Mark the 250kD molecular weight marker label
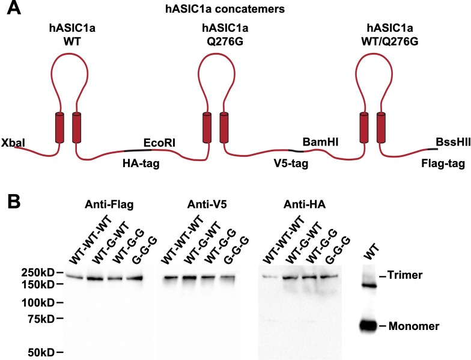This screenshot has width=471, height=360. pos(34,273)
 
